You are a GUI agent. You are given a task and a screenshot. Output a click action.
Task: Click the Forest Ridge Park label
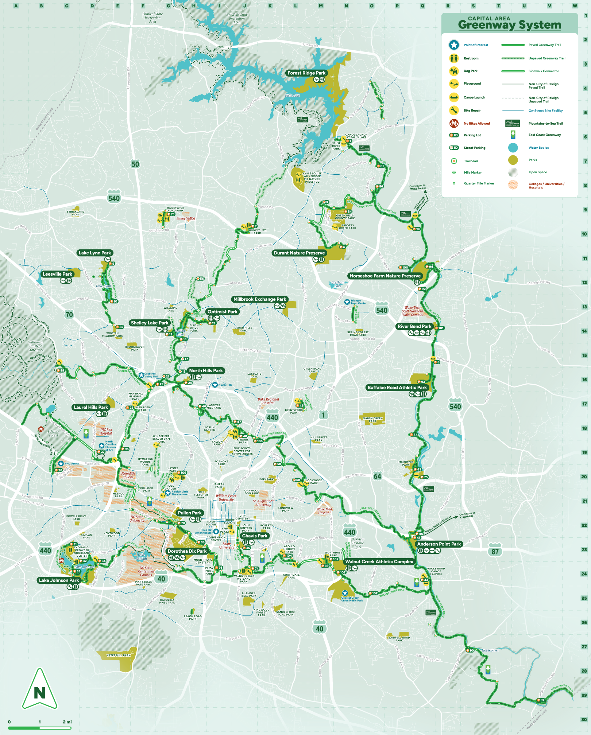[306, 73]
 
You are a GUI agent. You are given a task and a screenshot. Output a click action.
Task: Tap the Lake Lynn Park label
[95, 253]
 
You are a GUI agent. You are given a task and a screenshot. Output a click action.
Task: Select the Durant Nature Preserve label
[299, 253]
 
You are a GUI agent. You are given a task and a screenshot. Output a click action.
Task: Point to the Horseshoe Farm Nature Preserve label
[385, 276]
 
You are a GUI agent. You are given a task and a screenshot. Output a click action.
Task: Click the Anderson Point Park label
[439, 544]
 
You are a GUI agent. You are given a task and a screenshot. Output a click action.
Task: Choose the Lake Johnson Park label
[59, 580]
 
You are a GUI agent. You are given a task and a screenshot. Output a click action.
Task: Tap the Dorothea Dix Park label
[187, 551]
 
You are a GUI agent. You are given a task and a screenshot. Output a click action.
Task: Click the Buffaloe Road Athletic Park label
[397, 387]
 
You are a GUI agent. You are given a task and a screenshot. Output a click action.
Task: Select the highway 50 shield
[135, 164]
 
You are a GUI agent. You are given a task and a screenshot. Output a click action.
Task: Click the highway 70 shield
[69, 314]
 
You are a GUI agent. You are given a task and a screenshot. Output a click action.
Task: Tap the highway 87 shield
[495, 551]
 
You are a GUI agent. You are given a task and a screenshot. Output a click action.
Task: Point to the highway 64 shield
[377, 476]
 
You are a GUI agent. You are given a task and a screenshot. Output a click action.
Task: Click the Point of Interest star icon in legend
[454, 45]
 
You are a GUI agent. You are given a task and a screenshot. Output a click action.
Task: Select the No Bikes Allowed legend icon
[454, 123]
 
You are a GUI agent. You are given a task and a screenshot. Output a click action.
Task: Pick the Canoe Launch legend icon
[454, 97]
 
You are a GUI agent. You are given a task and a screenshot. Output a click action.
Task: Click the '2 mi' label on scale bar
[67, 722]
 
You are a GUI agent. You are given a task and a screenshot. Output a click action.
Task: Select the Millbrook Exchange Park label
[260, 299]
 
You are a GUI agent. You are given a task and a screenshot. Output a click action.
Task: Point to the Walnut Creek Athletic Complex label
[379, 561]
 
